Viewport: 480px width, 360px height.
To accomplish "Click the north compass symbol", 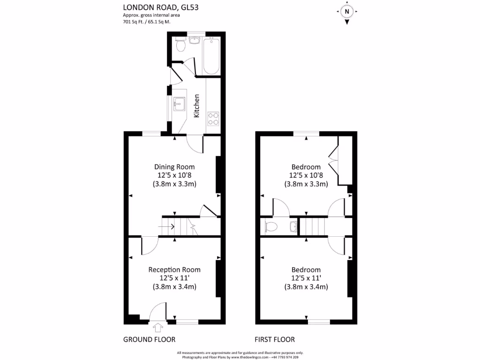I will [x=346, y=12].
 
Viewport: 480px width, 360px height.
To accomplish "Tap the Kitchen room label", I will [x=197, y=105].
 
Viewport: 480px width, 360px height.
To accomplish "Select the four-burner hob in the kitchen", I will [x=213, y=118].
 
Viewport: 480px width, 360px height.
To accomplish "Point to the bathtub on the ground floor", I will [x=211, y=56].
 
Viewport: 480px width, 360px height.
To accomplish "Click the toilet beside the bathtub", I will [x=180, y=45].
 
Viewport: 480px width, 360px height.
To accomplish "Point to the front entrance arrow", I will [x=157, y=326].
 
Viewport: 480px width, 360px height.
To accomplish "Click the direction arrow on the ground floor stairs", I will [x=167, y=227].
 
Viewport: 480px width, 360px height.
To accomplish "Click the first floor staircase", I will [x=312, y=226].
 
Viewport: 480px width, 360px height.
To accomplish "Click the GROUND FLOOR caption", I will [x=149, y=339].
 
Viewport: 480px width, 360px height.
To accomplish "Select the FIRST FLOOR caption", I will [x=275, y=339].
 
